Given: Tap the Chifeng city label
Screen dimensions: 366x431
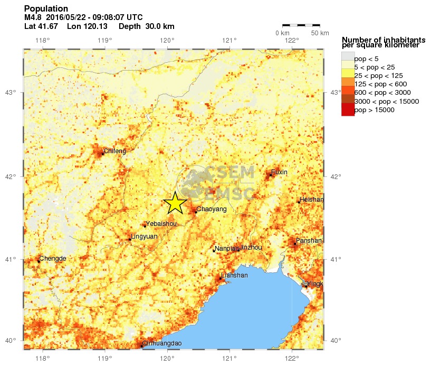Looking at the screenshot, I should coord(114,151).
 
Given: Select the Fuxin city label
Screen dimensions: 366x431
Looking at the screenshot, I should coord(280,172).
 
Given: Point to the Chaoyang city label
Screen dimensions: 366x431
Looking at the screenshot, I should coord(211,209).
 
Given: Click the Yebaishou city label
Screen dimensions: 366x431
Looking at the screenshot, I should coord(161,223).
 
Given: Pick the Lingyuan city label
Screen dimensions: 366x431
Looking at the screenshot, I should coord(144,236).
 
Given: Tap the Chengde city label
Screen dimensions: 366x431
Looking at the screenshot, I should coord(53,259).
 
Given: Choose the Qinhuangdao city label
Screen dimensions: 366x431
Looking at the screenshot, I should coord(162,344).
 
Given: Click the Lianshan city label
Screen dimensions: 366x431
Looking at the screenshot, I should coord(235,275).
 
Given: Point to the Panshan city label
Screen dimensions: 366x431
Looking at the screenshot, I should coord(309,241).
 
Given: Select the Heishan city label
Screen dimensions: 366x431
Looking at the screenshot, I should coord(311,200).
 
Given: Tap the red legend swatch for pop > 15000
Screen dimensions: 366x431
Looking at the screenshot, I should coord(348,110).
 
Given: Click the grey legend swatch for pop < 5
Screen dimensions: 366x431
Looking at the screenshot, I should coord(348,58).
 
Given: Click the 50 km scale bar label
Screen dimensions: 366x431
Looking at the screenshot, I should coord(320,33).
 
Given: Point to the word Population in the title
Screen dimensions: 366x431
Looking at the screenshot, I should coord(46,9).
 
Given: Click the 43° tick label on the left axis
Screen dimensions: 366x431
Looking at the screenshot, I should coord(11,93).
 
